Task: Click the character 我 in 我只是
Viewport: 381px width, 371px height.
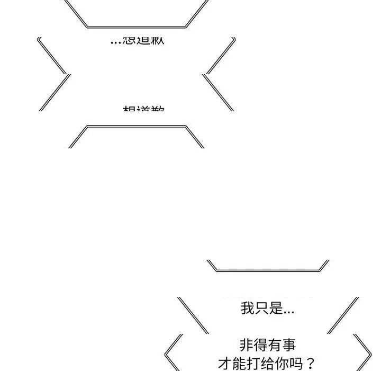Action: pos(248,308)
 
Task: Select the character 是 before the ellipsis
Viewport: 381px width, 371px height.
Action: pos(276,308)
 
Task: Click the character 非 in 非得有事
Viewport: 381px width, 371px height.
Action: pos(247,346)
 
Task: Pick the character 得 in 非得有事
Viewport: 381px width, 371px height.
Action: pos(260,346)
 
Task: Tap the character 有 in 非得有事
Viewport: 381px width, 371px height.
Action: pos(275,346)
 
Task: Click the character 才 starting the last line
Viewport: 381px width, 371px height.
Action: pos(225,364)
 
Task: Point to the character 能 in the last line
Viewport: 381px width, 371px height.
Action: pos(239,364)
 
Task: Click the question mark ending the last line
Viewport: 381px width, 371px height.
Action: pos(310,364)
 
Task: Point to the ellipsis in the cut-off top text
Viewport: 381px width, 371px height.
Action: pos(116,41)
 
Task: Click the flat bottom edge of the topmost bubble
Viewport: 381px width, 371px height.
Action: pos(137,26)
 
